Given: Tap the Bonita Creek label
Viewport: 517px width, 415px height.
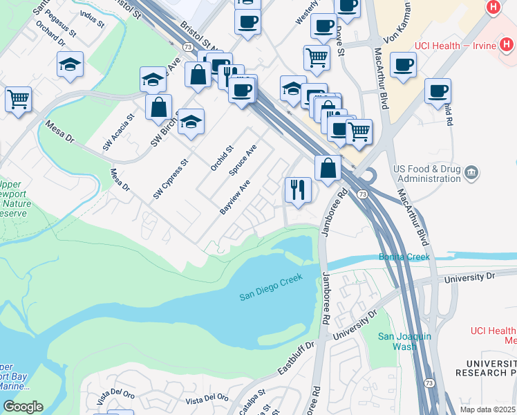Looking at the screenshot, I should pos(404,257).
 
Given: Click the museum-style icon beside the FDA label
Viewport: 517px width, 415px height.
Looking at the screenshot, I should pos(472,171).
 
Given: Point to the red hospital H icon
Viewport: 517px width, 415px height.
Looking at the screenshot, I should pos(493,8).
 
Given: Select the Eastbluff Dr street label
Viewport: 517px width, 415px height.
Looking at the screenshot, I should pos(297,355).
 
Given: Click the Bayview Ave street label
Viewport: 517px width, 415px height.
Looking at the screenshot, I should pos(235,199).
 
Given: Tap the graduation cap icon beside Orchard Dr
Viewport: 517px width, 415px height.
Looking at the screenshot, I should pos(70,65).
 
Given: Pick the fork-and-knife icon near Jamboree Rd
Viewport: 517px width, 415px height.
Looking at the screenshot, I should pos(298,188).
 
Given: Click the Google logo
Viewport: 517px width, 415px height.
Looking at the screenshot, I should pos(23,407).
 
